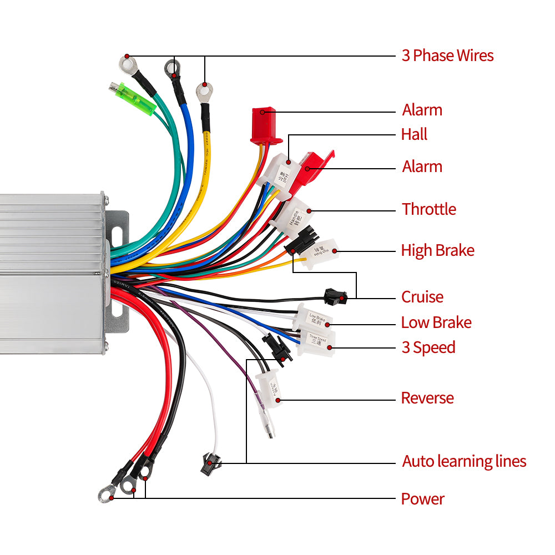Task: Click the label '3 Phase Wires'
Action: pyautogui.click(x=447, y=56)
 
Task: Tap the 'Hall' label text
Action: pyautogui.click(x=414, y=134)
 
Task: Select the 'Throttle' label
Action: pyautogui.click(x=429, y=209)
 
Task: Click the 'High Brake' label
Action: pyautogui.click(x=437, y=250)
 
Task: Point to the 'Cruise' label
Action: pyautogui.click(x=422, y=297)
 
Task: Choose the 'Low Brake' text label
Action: pyautogui.click(x=436, y=322)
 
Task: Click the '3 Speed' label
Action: pyautogui.click(x=428, y=347)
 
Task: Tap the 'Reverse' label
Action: pyautogui.click(x=427, y=398)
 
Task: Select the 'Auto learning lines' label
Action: pyautogui.click(x=464, y=461)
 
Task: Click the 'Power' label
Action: pyautogui.click(x=423, y=499)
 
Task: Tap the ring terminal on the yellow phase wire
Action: pyautogui.click(x=204, y=90)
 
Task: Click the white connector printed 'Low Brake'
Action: pyautogui.click(x=313, y=317)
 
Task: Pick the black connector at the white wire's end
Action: pyautogui.click(x=211, y=462)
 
